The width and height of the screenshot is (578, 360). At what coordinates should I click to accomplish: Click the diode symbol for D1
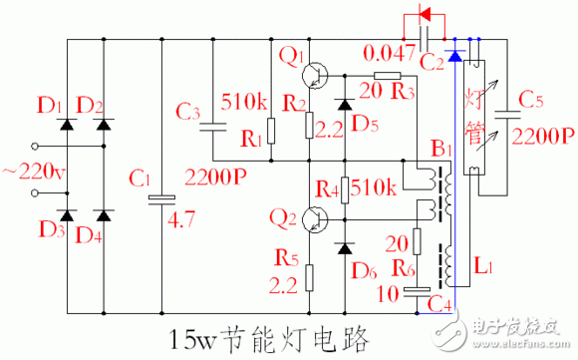point(69,125)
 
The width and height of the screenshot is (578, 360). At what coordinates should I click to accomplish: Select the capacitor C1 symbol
point(160,198)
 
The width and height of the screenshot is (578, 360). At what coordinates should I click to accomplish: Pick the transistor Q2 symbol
point(316,219)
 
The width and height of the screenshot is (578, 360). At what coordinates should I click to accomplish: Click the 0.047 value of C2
point(389,51)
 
